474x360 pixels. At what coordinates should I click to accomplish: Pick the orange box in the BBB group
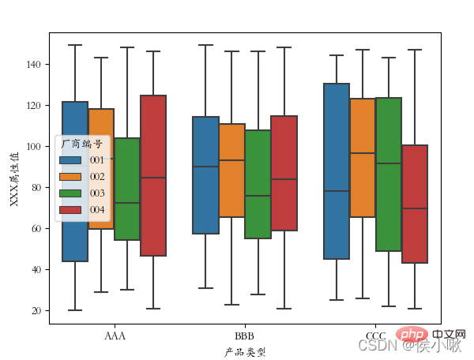231,170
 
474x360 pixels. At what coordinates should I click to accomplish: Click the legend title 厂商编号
81,144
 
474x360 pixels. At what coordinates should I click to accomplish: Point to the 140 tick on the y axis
36,64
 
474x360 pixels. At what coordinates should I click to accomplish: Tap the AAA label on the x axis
115,336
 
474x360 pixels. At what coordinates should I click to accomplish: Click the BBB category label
245,336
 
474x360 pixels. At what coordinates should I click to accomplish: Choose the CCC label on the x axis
374,336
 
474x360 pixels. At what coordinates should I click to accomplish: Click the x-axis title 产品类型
245,351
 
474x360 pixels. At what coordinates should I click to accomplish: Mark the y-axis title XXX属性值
14,178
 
